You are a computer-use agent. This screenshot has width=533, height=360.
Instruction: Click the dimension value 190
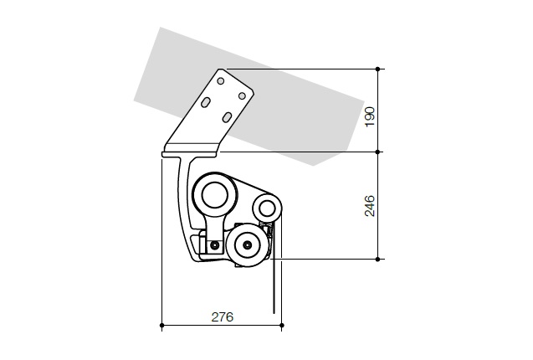coord(370,116)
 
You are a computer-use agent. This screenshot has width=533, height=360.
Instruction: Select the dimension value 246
coord(370,206)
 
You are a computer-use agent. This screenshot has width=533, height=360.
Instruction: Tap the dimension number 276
coord(223,317)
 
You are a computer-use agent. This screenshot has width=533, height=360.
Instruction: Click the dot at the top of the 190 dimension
coord(377,69)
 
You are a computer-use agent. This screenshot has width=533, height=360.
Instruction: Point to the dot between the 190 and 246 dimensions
coord(377,152)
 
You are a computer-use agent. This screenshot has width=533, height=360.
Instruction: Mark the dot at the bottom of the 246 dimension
coord(377,260)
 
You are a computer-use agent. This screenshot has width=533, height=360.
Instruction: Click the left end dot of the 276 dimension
coord(161,326)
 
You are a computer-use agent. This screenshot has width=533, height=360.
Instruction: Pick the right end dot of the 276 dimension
coord(282,326)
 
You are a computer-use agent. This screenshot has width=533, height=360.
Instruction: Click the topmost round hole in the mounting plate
coord(221,81)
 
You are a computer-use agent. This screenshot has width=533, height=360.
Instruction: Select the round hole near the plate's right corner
coord(242,96)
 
